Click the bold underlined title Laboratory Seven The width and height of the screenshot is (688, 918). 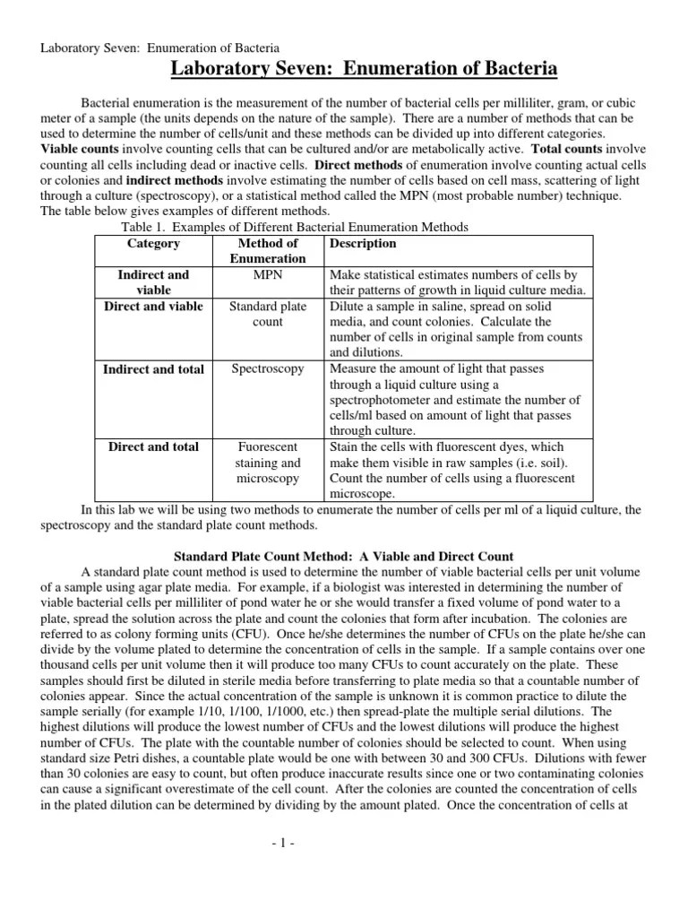coord(364,69)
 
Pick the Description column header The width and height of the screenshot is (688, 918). coord(363,243)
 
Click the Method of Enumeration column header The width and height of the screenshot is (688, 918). coord(268,251)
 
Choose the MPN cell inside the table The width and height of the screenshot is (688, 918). coord(268,274)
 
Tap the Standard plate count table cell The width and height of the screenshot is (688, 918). coord(268,314)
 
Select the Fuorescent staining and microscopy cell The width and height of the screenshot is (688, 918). coord(268,463)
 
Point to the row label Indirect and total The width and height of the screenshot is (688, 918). coord(153,369)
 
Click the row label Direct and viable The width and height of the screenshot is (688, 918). coord(153,307)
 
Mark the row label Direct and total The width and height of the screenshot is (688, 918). coord(153,446)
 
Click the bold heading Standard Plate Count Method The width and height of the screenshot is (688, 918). coord(343,557)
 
